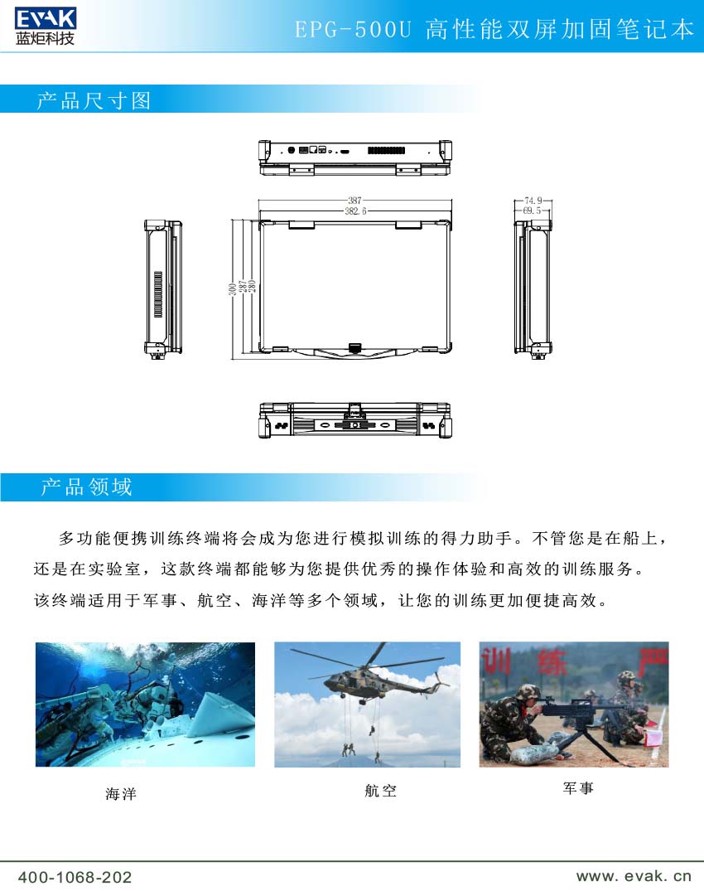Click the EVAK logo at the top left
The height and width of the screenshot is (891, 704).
[x=45, y=17]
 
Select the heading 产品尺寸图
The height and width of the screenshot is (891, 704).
[x=94, y=101]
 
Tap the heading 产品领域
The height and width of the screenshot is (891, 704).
[x=86, y=487]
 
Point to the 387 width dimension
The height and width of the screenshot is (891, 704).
[x=354, y=201]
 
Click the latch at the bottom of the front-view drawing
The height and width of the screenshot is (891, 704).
[x=356, y=346]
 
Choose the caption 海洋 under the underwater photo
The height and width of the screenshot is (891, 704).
[x=121, y=794]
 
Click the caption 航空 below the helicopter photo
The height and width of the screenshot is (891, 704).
[x=380, y=792]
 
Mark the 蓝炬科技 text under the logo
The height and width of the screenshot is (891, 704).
[x=45, y=38]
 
